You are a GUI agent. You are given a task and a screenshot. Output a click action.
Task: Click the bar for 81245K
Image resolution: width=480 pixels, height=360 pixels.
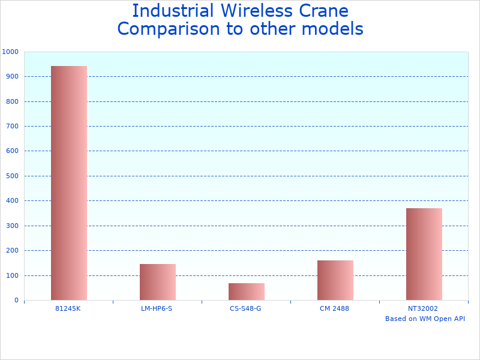69,183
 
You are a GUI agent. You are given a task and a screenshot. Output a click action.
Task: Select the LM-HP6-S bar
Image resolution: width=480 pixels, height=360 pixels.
158,282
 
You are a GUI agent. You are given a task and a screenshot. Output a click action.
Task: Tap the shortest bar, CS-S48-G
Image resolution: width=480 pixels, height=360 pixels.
247,292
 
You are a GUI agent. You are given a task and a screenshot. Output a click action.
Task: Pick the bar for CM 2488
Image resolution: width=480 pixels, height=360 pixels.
335,280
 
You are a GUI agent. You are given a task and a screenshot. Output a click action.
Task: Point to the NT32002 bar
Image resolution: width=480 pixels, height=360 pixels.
424,254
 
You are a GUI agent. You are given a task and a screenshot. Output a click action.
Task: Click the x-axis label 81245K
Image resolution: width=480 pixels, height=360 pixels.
68,308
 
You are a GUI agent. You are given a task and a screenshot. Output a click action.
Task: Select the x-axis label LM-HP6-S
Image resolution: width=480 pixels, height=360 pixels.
157,308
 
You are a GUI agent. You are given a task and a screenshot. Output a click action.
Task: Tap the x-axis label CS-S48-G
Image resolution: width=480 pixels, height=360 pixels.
245,308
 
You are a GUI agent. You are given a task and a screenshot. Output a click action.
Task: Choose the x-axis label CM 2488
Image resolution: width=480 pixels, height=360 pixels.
334,308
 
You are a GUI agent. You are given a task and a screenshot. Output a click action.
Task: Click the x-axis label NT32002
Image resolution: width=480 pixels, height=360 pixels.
423,308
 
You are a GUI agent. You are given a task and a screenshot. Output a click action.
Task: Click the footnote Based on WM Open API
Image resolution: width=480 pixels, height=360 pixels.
425,319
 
